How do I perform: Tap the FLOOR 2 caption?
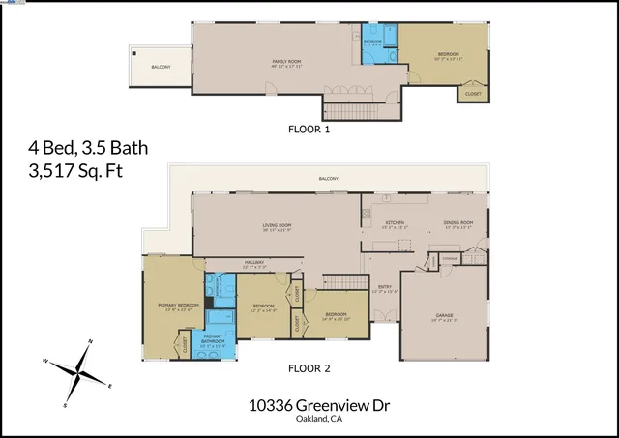click(x=309, y=368)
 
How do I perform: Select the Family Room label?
click(x=286, y=62)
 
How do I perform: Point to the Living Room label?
click(x=277, y=228)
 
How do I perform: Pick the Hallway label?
click(x=254, y=262)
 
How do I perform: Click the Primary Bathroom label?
click(x=213, y=339)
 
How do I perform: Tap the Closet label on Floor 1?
click(x=473, y=94)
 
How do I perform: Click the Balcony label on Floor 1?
click(x=161, y=67)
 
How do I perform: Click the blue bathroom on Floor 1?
click(x=373, y=44)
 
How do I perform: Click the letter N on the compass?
click(x=90, y=342)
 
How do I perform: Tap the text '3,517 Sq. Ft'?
click(x=76, y=171)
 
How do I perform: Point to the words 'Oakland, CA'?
click(x=309, y=421)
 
